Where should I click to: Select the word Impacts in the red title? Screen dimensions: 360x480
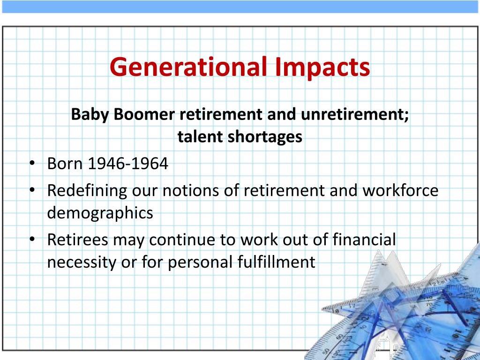click(322, 67)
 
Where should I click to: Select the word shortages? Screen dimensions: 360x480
click(265, 136)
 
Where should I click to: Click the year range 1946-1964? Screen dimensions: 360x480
click(127, 164)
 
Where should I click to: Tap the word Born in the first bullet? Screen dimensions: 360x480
click(65, 164)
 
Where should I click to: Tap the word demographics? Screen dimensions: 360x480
click(100, 213)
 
